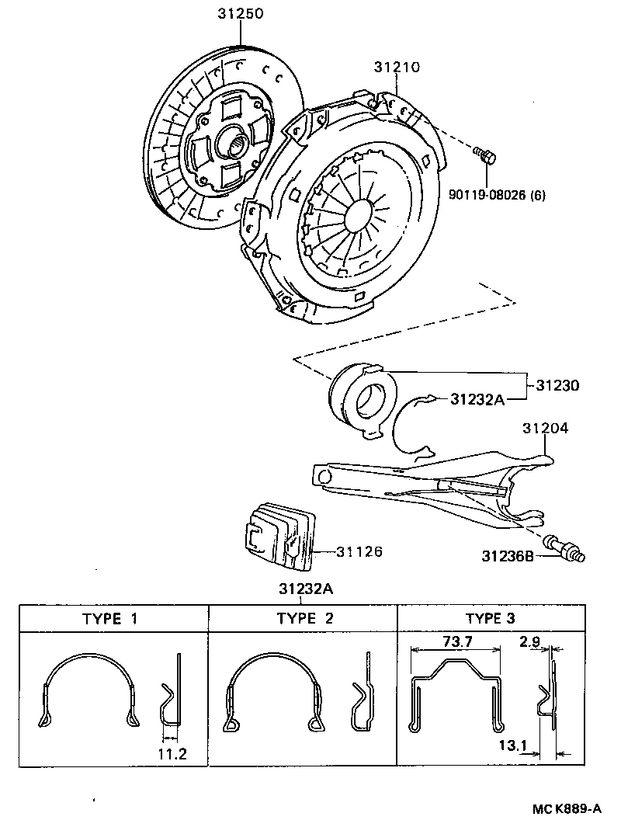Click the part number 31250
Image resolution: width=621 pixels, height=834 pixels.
click(x=241, y=14)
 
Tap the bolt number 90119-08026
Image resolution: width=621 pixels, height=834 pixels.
click(x=486, y=195)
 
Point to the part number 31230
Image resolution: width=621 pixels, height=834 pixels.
click(x=557, y=385)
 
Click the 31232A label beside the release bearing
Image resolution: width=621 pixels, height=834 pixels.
click(x=477, y=399)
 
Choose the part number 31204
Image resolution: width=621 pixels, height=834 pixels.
click(x=545, y=428)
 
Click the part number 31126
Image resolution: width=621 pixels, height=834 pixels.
click(x=359, y=551)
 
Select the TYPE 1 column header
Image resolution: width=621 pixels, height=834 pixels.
click(x=113, y=619)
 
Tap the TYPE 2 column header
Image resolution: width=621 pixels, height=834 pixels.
click(x=304, y=619)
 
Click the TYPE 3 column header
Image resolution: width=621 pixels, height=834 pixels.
click(x=490, y=619)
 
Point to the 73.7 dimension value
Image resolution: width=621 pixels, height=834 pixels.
click(x=456, y=641)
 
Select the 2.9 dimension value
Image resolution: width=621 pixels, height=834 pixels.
click(x=531, y=641)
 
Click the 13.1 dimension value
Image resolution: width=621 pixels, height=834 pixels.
click(x=514, y=745)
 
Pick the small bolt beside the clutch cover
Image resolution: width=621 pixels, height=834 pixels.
click(x=487, y=157)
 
